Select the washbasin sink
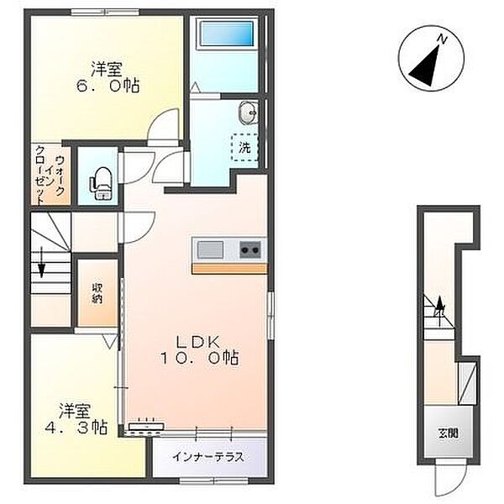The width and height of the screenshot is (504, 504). coord(248,113)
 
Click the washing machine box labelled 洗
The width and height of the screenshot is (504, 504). coord(245,147)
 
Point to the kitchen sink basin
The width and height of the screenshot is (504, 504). coord(211,249)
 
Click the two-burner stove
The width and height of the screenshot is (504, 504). coord(250,249)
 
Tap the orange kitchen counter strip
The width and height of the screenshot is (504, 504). coord(229,269)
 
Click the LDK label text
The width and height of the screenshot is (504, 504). coord(199,342)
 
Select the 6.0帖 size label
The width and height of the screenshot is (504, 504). coord(108,87)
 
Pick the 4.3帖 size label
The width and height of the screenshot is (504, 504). coord(76,428)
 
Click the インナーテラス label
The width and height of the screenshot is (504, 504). coord(208,457)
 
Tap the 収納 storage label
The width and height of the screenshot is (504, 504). coord(97,293)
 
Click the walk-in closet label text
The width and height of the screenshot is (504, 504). coord(50,175)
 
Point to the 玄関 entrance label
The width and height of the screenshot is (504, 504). coord(449,433)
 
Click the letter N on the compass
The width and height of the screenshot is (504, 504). coord(443,39)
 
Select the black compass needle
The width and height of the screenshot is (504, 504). coord(424,66)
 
